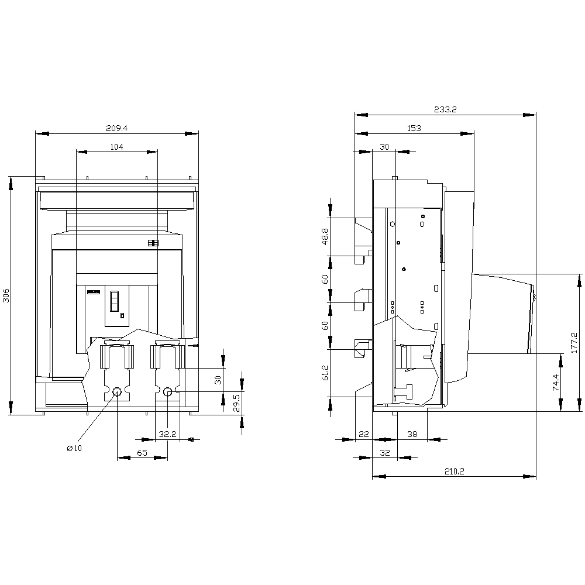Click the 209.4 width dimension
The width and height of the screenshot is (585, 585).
tap(117, 128)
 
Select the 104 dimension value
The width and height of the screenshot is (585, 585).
tap(117, 147)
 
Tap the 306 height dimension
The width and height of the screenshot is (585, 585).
tap(6, 295)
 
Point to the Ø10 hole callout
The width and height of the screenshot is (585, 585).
tap(74, 448)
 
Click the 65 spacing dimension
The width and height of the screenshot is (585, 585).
tap(142, 453)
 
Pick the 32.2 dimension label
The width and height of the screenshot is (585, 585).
tap(167, 434)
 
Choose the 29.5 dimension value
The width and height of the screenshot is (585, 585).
tap(236, 403)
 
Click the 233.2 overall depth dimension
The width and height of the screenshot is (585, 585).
tap(445, 110)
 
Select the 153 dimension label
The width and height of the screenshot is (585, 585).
tap(414, 128)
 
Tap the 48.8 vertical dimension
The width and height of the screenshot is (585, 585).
tap(325, 236)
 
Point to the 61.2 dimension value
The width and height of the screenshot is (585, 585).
tap(325, 373)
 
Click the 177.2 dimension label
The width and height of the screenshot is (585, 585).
tap(574, 343)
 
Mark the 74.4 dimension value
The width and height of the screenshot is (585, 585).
tap(556, 383)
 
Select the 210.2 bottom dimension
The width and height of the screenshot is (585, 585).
tap(455, 472)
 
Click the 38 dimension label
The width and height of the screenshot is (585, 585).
tap(412, 434)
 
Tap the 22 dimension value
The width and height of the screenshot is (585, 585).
tap(364, 434)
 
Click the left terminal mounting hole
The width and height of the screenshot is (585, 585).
tap(117, 392)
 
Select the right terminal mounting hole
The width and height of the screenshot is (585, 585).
tap(167, 392)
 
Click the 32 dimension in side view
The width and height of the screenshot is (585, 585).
tap(385, 453)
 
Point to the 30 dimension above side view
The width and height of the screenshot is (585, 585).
tap(384, 147)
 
